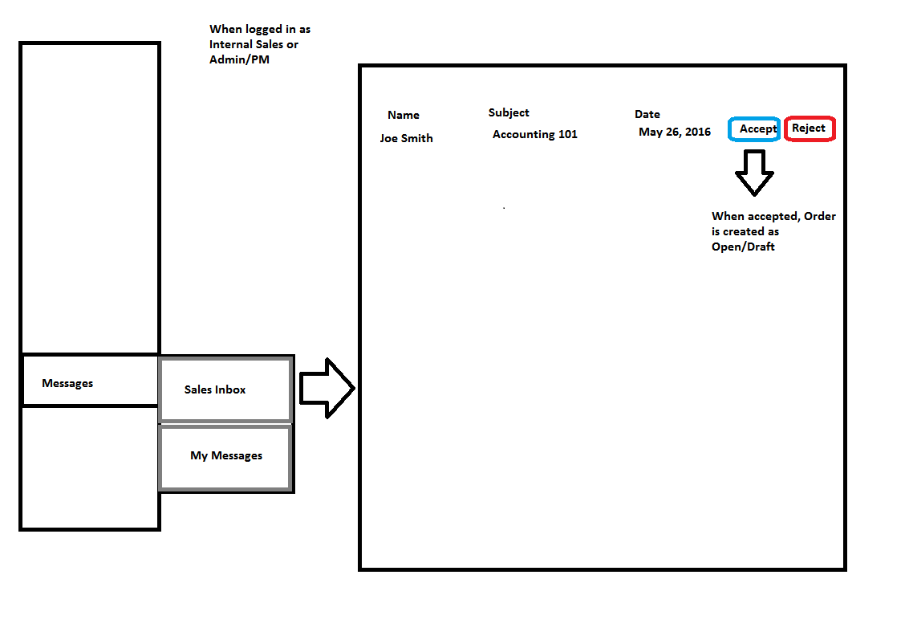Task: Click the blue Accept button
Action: tap(753, 128)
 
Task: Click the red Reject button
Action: tap(810, 128)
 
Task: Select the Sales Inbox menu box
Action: tap(225, 389)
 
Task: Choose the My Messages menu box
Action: tap(225, 458)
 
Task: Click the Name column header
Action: tap(404, 115)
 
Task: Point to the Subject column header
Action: tap(509, 113)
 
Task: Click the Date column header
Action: tap(647, 114)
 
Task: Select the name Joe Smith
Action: tap(407, 138)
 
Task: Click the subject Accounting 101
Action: tap(535, 135)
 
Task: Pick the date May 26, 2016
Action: tap(674, 133)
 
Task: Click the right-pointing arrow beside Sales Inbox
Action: tap(327, 388)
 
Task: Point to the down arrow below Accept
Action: tap(754, 173)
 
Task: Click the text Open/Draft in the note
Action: tap(743, 247)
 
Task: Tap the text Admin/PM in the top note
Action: tap(239, 59)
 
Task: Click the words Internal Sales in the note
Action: tap(246, 44)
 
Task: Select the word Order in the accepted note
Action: tap(820, 216)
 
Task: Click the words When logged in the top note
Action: tap(246, 30)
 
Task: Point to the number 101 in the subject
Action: tap(567, 134)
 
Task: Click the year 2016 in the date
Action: tap(698, 132)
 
